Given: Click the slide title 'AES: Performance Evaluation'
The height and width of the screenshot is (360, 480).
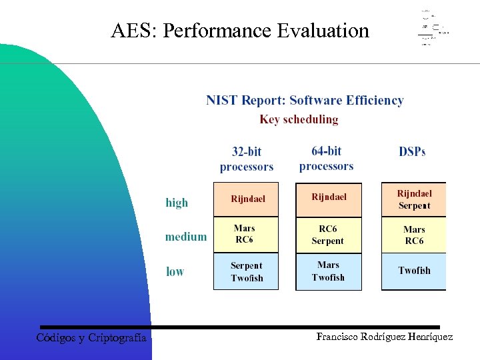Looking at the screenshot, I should point(240,31).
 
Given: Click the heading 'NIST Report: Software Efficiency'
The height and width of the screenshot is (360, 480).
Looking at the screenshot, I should point(305,101).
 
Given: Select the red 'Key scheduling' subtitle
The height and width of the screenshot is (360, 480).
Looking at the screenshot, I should point(299,120).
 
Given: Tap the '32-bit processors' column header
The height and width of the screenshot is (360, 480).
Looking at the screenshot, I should point(247,159).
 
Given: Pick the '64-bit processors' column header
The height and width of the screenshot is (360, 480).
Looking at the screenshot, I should point(327,159).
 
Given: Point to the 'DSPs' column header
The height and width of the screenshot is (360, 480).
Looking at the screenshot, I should point(412,152).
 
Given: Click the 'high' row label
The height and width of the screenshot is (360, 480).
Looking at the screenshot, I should point(177,203).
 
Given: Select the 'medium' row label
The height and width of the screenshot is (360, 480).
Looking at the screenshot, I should point(185,237).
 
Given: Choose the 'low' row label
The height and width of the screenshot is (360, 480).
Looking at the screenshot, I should point(175,271).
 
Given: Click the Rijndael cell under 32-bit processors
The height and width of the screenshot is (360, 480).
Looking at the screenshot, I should point(247,199).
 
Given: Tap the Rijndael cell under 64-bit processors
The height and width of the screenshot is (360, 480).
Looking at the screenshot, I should point(329,198).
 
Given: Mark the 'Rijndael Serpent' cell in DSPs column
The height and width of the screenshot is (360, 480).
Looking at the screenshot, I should point(414,199).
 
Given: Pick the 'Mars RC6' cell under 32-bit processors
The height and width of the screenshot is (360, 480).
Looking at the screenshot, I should point(245,235).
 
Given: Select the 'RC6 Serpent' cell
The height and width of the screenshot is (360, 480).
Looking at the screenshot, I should point(328,235).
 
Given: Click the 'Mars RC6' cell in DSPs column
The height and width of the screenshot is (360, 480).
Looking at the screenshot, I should point(414,235).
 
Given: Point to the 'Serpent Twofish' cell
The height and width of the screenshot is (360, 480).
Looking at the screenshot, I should point(246,272).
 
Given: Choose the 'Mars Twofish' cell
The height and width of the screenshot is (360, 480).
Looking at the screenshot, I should point(328,271).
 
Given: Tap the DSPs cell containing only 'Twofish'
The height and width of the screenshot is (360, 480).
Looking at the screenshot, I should point(414,271).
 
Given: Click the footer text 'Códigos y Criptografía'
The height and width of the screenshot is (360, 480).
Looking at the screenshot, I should point(91,338).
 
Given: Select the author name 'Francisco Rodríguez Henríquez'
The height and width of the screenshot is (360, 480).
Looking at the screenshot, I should point(384,337).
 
